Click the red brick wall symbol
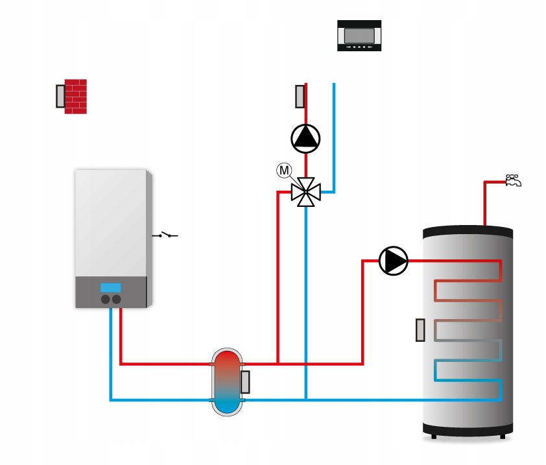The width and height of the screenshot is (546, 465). point(76,97)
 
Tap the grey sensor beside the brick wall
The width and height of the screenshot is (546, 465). point(60,96)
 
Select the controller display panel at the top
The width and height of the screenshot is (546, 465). point(359,36)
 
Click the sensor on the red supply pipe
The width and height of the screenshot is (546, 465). point(300,97)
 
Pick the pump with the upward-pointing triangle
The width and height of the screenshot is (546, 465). point(305,139)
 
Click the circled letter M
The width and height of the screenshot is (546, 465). point(284,171)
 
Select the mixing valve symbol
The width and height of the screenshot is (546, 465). point(305,192)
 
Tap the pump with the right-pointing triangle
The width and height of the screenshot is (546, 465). point(394,261)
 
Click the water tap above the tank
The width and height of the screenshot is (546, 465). point(514,180)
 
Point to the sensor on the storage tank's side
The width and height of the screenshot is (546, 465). point(420,330)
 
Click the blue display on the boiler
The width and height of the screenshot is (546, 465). point(111,288)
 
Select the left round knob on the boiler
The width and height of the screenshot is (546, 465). point(106,299)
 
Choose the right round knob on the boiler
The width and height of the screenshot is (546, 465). point(116,299)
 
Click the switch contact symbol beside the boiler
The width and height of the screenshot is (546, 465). point(165,235)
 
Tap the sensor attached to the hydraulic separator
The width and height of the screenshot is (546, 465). point(245,382)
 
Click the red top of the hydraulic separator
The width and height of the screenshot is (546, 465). point(227,361)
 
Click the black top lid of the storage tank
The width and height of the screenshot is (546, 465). point(468,233)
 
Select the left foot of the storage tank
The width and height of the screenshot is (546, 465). point(434,436)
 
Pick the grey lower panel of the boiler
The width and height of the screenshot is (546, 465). point(111,292)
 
